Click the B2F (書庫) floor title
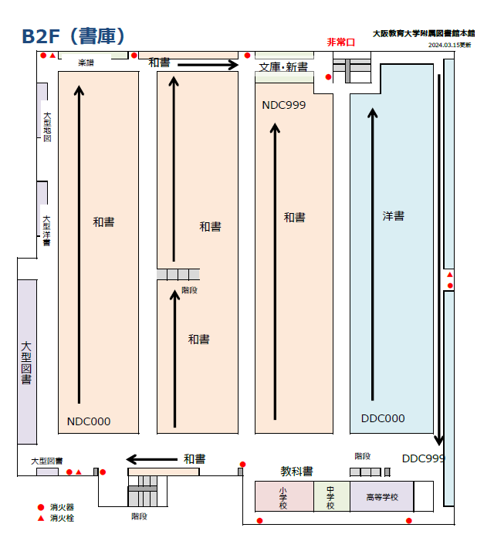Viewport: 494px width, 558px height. coord(73,36)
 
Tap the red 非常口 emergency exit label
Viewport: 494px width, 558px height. coord(340,42)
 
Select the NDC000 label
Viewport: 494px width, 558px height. coord(89,421)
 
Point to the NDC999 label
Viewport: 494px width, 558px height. coord(284,105)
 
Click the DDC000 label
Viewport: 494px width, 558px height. coord(383,418)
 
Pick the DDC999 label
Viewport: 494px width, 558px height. coord(424,458)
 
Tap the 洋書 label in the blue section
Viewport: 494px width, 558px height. coord(394,216)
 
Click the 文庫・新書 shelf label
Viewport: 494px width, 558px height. coord(283,67)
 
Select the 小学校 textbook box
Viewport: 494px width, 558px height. coord(283,496)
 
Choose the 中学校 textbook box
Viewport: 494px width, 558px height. coord(331,496)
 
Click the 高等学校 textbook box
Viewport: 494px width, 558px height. coord(381,497)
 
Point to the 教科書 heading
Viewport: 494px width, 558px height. coord(296,471)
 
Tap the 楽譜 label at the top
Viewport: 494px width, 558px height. coord(86,62)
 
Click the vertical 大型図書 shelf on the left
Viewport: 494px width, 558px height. coord(27,362)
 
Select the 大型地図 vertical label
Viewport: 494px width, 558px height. coord(47,127)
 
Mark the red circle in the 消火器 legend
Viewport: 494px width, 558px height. coord(40,507)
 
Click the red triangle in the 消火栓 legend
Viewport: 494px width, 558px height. coord(40,518)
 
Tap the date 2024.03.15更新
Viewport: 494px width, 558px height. coord(450,46)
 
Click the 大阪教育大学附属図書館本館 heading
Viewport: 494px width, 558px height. coord(424,34)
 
